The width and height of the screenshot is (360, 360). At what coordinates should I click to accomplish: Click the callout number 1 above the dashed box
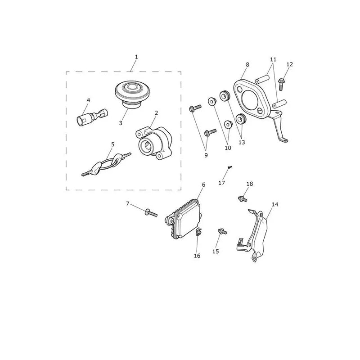[x=136, y=57]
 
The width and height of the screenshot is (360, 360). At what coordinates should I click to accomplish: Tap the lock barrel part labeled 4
[x=92, y=117]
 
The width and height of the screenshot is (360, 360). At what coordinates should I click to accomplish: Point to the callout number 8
[x=247, y=65]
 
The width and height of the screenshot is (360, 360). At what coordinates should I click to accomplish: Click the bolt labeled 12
[x=281, y=84]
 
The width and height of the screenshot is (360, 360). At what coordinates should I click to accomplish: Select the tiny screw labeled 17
[x=230, y=167]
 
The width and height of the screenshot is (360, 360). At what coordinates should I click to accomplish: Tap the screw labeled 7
[x=151, y=212]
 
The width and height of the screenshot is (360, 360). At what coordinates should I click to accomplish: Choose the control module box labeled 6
[x=183, y=219]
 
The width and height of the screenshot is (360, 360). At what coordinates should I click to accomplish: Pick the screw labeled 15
[x=222, y=231]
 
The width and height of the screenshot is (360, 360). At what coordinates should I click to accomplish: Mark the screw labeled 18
[x=243, y=198]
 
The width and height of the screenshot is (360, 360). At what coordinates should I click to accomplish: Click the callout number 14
[x=275, y=204]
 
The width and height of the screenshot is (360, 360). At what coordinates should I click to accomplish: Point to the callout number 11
[x=273, y=59]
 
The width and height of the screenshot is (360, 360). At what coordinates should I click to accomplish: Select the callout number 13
[x=242, y=142]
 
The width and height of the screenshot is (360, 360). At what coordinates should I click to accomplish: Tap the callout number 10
[x=228, y=148]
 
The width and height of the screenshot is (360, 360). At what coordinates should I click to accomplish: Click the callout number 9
[x=206, y=155]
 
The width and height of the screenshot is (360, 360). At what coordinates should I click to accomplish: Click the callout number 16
[x=197, y=256]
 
